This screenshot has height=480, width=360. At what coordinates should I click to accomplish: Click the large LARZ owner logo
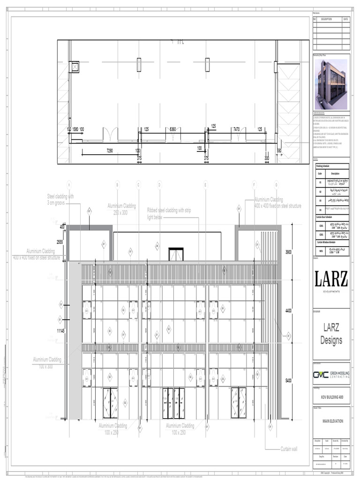pyautogui.click(x=331, y=280)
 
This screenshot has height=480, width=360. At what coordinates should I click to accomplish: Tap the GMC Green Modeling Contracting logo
pyautogui.click(x=331, y=374)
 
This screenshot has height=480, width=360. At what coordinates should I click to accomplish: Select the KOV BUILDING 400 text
pyautogui.click(x=331, y=397)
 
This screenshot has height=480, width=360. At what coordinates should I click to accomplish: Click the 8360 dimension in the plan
pyautogui.click(x=172, y=129)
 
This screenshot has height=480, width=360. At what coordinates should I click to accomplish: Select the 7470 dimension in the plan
pyautogui.click(x=236, y=129)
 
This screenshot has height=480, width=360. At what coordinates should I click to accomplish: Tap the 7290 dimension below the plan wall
pyautogui.click(x=110, y=151)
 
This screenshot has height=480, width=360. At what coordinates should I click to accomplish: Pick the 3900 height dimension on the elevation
pyautogui.click(x=288, y=252)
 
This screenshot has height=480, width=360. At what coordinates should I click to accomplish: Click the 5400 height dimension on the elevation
pyautogui.click(x=288, y=381)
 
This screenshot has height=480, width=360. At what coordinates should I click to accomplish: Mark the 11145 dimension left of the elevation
pyautogui.click(x=60, y=331)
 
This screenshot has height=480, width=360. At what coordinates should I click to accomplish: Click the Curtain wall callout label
pyautogui.click(x=289, y=449)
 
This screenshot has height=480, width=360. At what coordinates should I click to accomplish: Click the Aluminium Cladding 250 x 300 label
pyautogui.click(x=121, y=209)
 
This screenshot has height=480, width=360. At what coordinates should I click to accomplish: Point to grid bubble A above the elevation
pyautogui.click(x=69, y=184)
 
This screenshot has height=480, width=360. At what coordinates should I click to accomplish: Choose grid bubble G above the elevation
pyautogui.click(x=276, y=184)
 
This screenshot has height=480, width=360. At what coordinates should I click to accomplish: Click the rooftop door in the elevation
pyautogui.click(x=176, y=254)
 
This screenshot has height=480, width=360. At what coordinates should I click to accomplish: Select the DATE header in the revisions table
pyautogui.click(x=345, y=19)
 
